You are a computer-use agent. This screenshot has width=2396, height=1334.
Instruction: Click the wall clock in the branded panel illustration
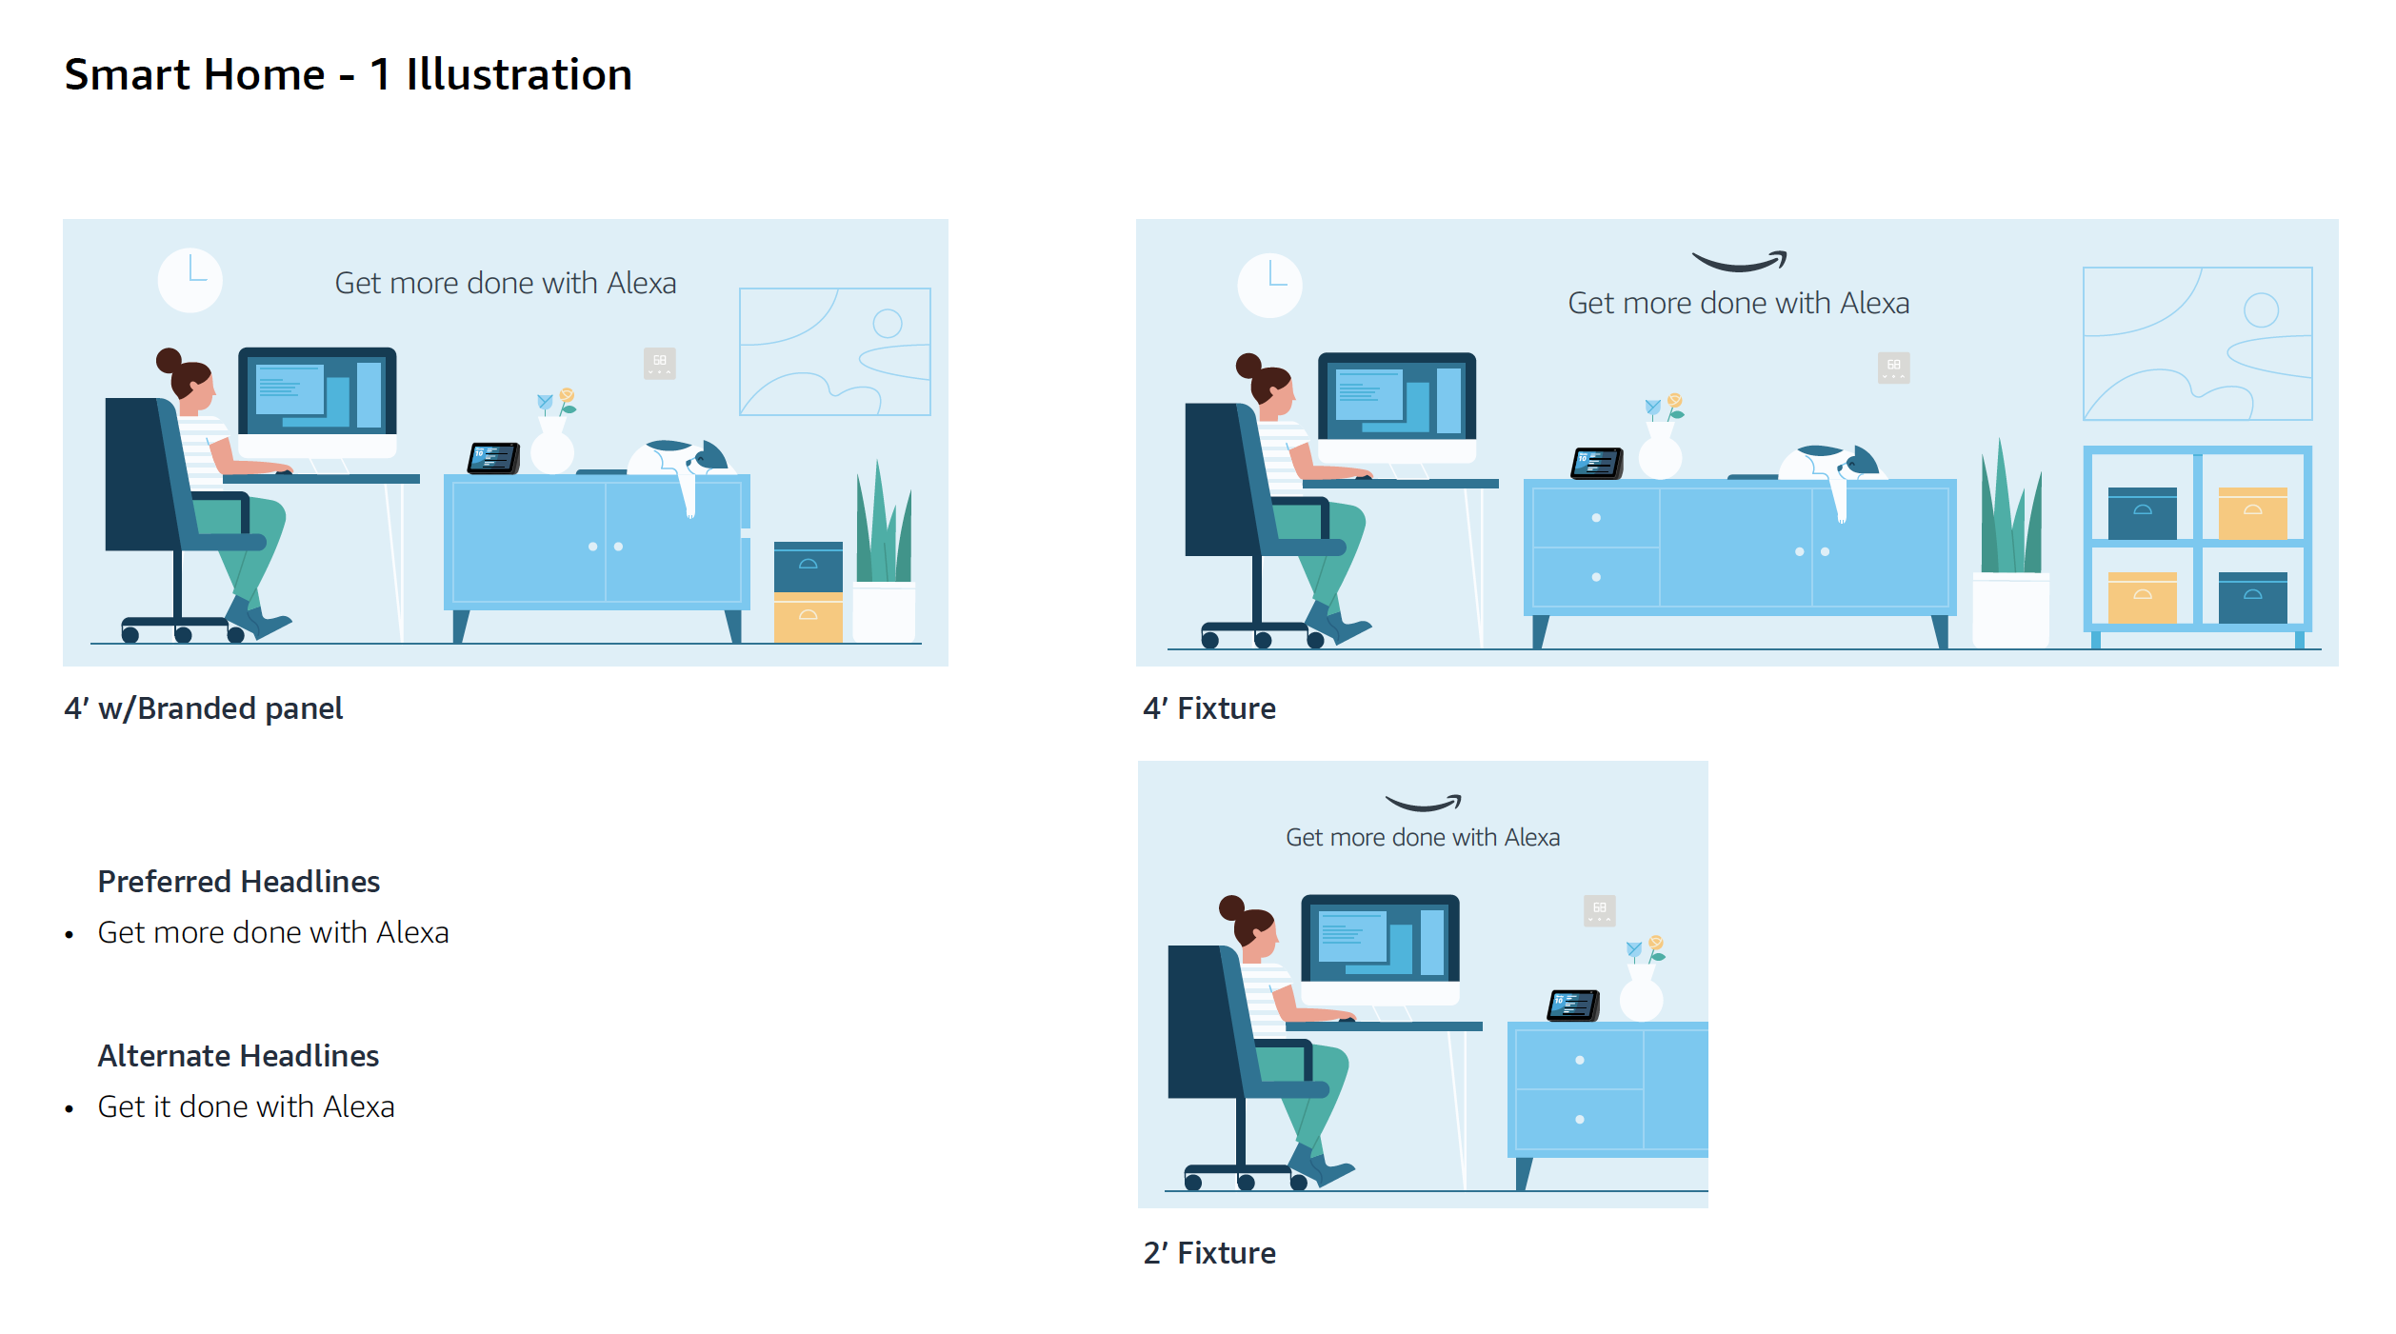[x=190, y=280]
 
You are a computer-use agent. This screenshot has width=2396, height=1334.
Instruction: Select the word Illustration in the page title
[x=519, y=74]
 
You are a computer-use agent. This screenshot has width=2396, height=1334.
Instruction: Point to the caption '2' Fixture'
[x=1209, y=1253]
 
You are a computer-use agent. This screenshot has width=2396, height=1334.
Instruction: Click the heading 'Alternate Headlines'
[x=238, y=1056]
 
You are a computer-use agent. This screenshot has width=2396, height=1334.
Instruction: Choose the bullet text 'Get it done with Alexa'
[x=246, y=1106]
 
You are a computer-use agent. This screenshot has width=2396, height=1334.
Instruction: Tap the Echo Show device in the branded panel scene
[x=493, y=458]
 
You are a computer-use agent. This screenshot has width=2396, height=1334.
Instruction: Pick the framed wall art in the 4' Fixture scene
[x=2198, y=344]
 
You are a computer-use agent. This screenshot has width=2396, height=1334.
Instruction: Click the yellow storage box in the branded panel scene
[x=809, y=618]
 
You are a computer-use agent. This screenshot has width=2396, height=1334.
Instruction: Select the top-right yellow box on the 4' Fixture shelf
[x=2253, y=514]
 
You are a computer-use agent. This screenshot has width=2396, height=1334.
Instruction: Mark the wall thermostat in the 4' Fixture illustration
[x=1894, y=368]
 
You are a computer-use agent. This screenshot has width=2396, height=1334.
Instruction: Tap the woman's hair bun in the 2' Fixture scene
[x=1232, y=906]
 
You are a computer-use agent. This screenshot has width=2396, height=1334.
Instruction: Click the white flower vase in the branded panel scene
[x=552, y=446]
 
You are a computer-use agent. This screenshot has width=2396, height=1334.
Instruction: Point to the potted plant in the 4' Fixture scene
[x=2011, y=543]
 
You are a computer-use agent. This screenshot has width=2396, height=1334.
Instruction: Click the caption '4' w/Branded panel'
[x=204, y=708]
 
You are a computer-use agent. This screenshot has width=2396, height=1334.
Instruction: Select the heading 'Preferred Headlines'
[x=239, y=882]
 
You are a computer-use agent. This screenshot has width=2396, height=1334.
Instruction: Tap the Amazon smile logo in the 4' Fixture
[x=1739, y=261]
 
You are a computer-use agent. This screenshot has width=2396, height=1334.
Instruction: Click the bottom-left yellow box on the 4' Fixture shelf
[x=2143, y=598]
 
